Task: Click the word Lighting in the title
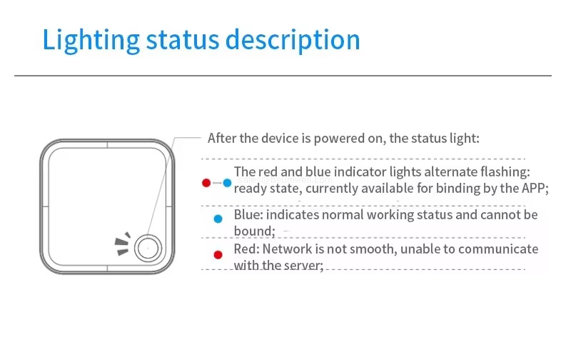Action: pos(91,40)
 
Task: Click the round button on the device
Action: pos(148,248)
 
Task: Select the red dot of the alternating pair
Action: pos(206,183)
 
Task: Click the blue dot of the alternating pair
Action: pos(227,183)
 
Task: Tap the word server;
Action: pos(303,265)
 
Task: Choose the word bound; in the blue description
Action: pos(254,231)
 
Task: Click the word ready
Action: pos(250,189)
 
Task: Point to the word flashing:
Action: pos(504,172)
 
